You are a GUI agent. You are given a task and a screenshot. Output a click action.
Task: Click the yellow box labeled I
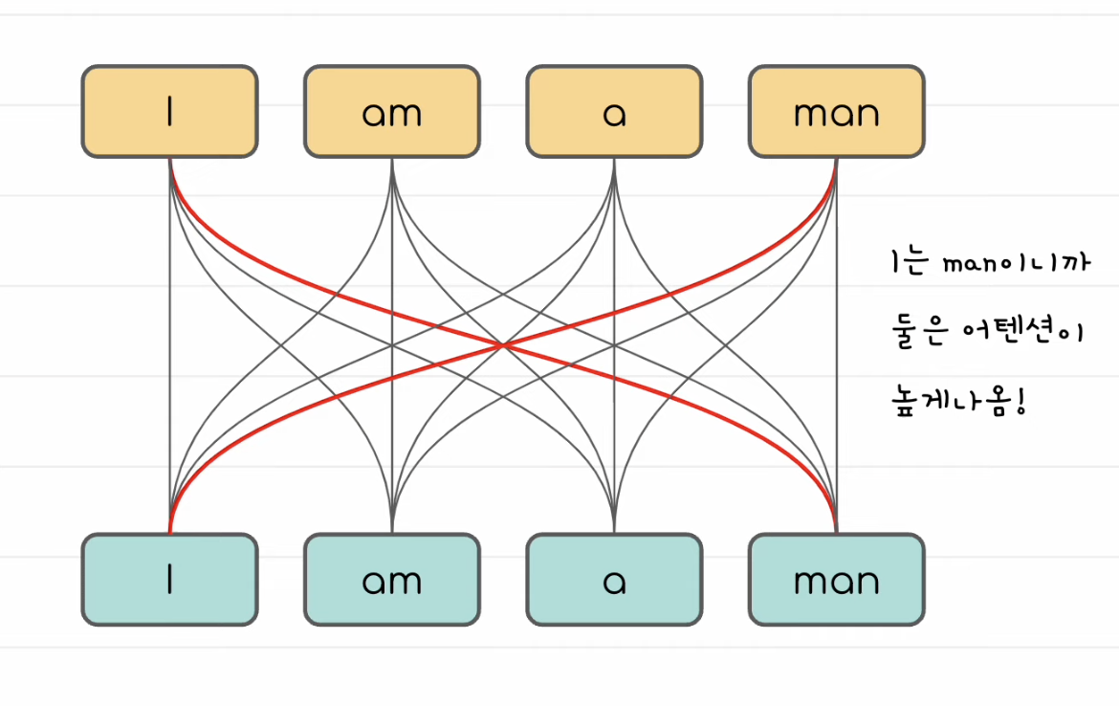169,111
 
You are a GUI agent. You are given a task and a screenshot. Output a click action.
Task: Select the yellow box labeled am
392,111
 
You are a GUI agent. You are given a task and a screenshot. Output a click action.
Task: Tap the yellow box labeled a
614,111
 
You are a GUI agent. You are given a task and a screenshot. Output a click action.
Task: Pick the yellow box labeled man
836,111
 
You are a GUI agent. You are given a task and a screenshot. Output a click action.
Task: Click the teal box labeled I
169,580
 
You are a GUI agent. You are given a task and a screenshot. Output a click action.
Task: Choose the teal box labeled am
392,580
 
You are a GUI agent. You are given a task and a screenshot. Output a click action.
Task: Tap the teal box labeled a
614,580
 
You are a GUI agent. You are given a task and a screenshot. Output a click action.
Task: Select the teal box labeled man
836,580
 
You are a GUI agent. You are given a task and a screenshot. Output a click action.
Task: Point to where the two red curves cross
503,344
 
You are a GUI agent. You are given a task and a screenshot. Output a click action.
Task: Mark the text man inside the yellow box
836,114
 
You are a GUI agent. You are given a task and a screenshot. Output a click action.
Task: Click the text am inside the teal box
392,582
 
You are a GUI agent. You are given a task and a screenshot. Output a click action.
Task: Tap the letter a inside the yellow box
614,114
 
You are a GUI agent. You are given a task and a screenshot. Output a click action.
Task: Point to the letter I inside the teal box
169,580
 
